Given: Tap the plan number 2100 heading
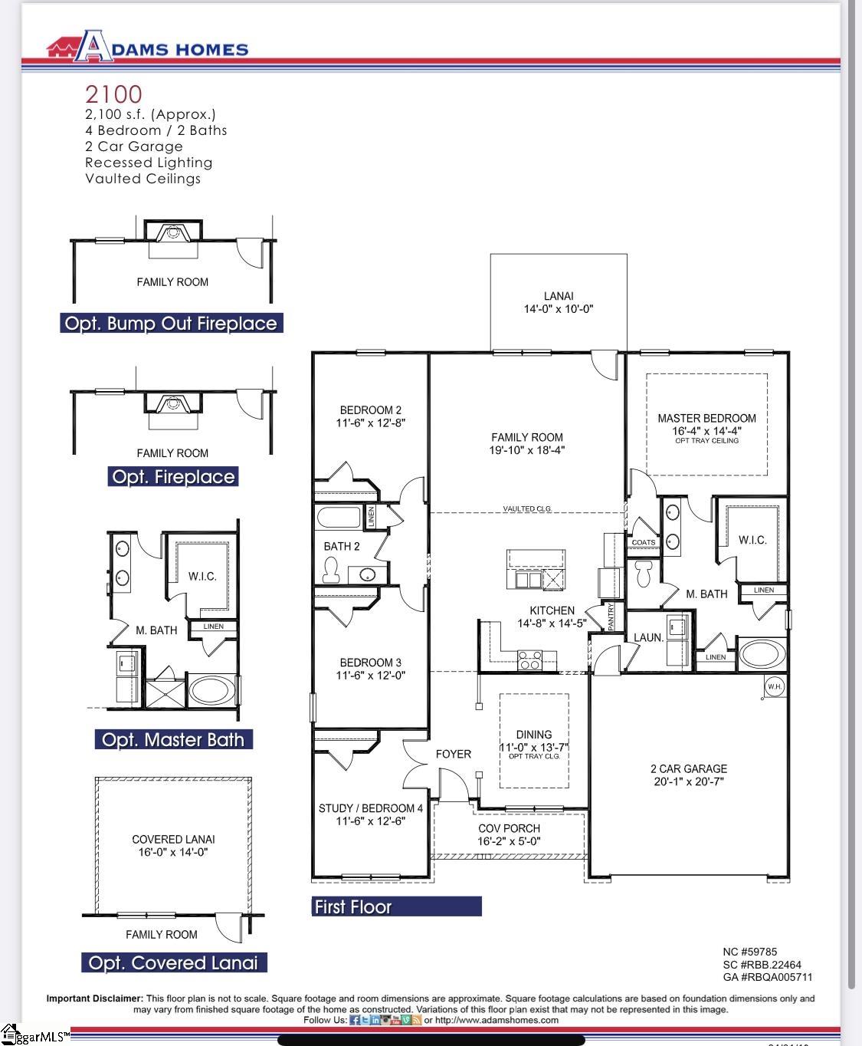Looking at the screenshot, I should [x=113, y=94].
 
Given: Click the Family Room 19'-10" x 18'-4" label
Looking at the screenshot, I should [x=527, y=443].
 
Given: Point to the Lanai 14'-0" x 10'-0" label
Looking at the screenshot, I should [x=558, y=302].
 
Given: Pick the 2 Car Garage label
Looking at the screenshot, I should [x=688, y=775].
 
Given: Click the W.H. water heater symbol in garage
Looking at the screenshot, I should [x=774, y=686].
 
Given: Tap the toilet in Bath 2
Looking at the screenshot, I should [x=332, y=570].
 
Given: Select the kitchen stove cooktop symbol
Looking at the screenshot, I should [x=529, y=660].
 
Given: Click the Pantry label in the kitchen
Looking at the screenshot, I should [x=611, y=616].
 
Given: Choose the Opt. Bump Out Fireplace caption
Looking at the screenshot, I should [x=171, y=324].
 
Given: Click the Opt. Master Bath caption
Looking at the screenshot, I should [x=173, y=740].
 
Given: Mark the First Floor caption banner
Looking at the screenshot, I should [x=396, y=906].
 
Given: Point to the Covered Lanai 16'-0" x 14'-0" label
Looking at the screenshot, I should [x=173, y=845].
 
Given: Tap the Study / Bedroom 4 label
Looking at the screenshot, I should [x=371, y=814].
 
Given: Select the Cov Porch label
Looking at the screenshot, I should [x=509, y=834].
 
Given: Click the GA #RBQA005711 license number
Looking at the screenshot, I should [x=767, y=977].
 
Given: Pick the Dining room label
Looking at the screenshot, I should [x=534, y=741].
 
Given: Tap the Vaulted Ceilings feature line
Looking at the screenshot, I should [x=143, y=179].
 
